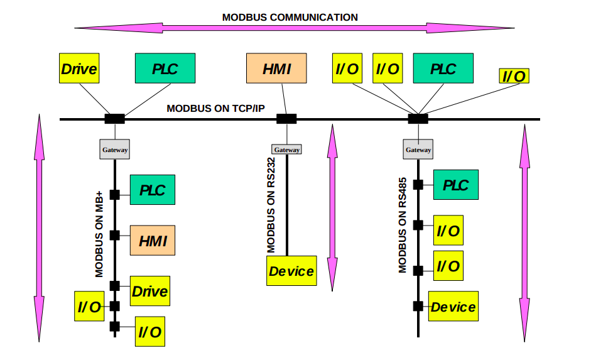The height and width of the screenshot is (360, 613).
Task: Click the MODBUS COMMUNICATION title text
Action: click(290, 17)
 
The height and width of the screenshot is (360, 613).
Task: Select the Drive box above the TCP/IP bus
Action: click(79, 68)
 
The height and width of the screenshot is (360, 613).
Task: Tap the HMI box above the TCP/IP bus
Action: click(276, 68)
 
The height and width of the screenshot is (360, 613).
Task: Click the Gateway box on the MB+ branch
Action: click(115, 150)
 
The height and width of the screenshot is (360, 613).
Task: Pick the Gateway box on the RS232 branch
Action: click(286, 150)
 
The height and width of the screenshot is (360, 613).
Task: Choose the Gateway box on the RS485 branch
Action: click(418, 150)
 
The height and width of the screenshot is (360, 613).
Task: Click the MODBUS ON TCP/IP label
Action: click(215, 109)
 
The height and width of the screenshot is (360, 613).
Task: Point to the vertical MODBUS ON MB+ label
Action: click(99, 232)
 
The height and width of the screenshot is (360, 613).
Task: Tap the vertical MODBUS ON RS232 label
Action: click(271, 205)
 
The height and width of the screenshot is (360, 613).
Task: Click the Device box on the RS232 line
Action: click(291, 271)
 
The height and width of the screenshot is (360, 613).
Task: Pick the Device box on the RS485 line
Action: click(453, 307)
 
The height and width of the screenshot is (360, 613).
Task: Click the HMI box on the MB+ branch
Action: click(153, 240)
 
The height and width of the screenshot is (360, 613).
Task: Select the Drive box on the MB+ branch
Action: click(149, 291)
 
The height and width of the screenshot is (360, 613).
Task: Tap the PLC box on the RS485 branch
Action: click(455, 185)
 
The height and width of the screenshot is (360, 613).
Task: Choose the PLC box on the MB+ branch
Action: click(153, 190)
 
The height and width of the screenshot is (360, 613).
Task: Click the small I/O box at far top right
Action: click(513, 76)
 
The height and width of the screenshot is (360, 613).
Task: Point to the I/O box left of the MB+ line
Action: click(89, 307)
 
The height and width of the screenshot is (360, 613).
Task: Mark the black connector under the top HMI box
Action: click(286, 118)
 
